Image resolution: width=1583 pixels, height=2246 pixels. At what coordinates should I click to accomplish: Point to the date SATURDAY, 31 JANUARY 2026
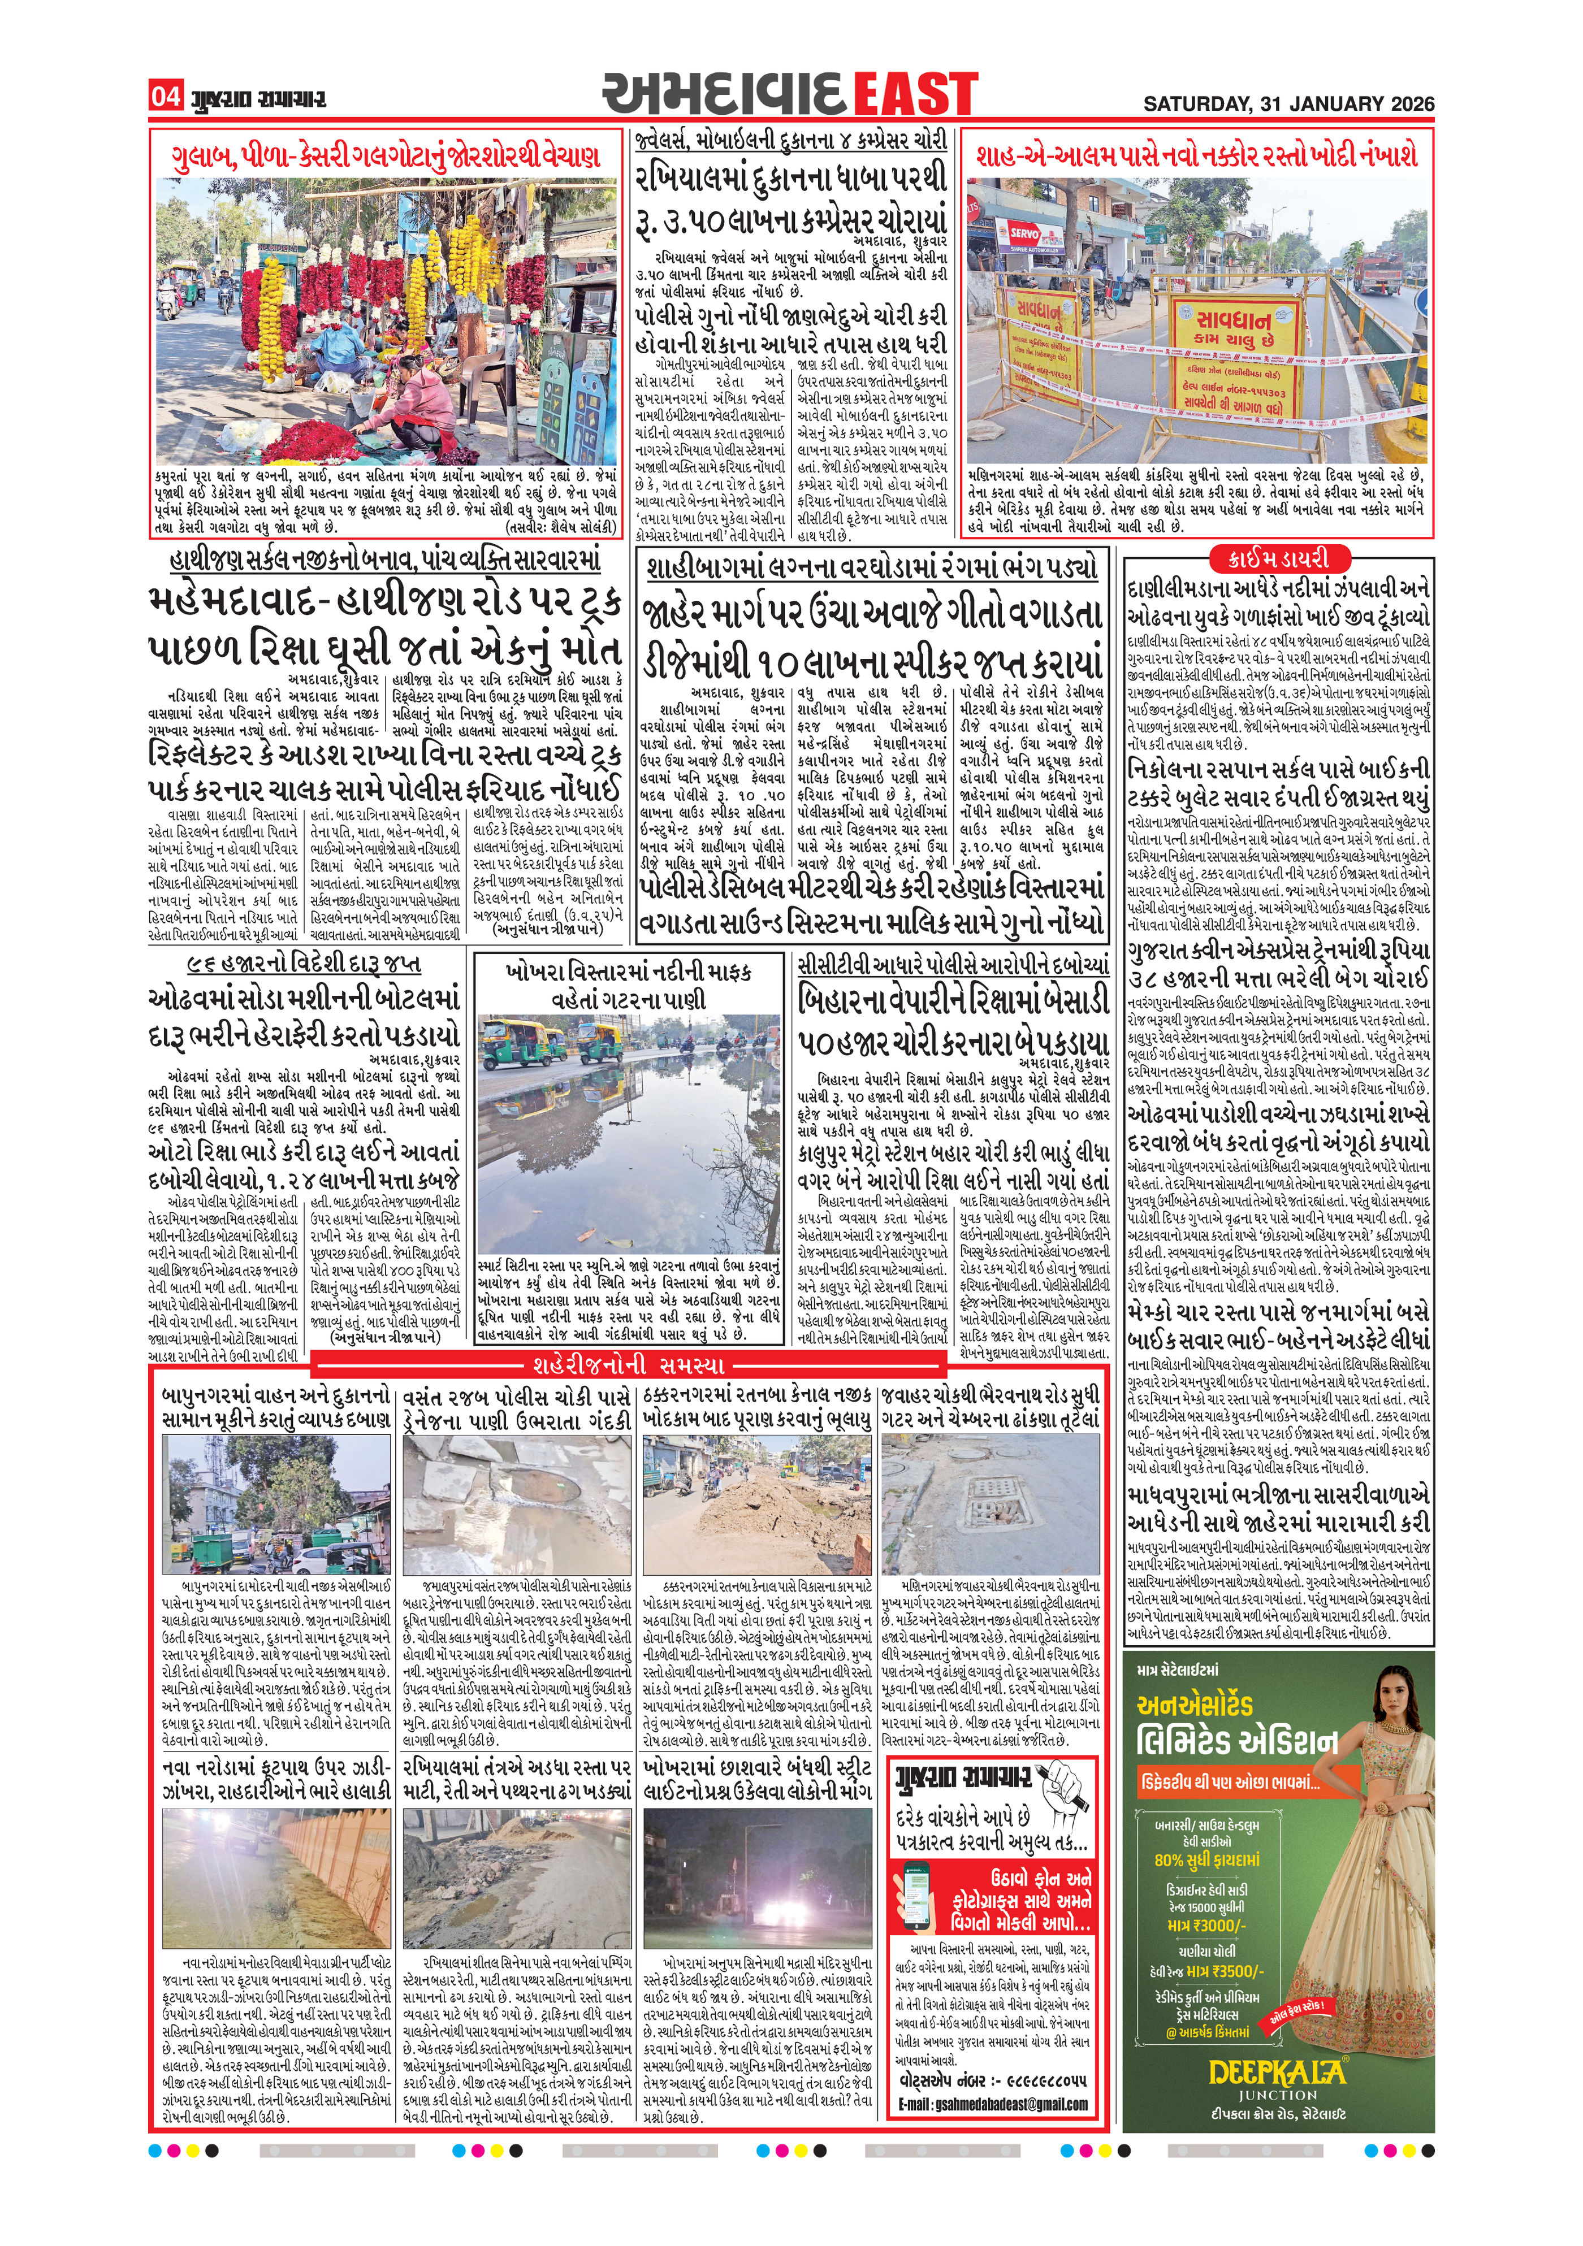click(x=1288, y=103)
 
